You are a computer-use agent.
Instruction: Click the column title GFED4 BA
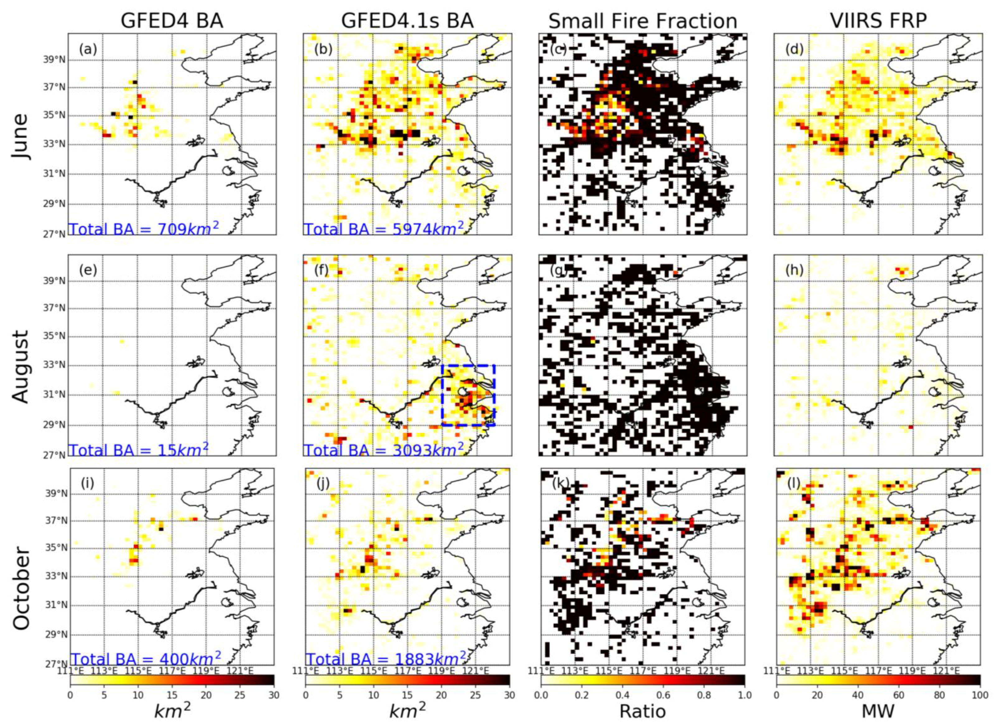coord(172,21)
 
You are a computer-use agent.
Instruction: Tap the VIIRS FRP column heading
coord(878,21)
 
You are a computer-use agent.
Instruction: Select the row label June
coord(20,137)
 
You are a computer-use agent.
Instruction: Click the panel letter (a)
coord(88,49)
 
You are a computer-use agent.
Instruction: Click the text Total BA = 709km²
coord(143,229)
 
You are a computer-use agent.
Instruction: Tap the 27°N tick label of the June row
coord(56,234)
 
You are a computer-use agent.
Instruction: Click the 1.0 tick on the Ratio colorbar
coord(744,696)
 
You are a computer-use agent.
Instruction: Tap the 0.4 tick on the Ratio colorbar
coord(622,696)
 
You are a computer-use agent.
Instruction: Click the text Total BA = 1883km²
coord(385,659)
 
